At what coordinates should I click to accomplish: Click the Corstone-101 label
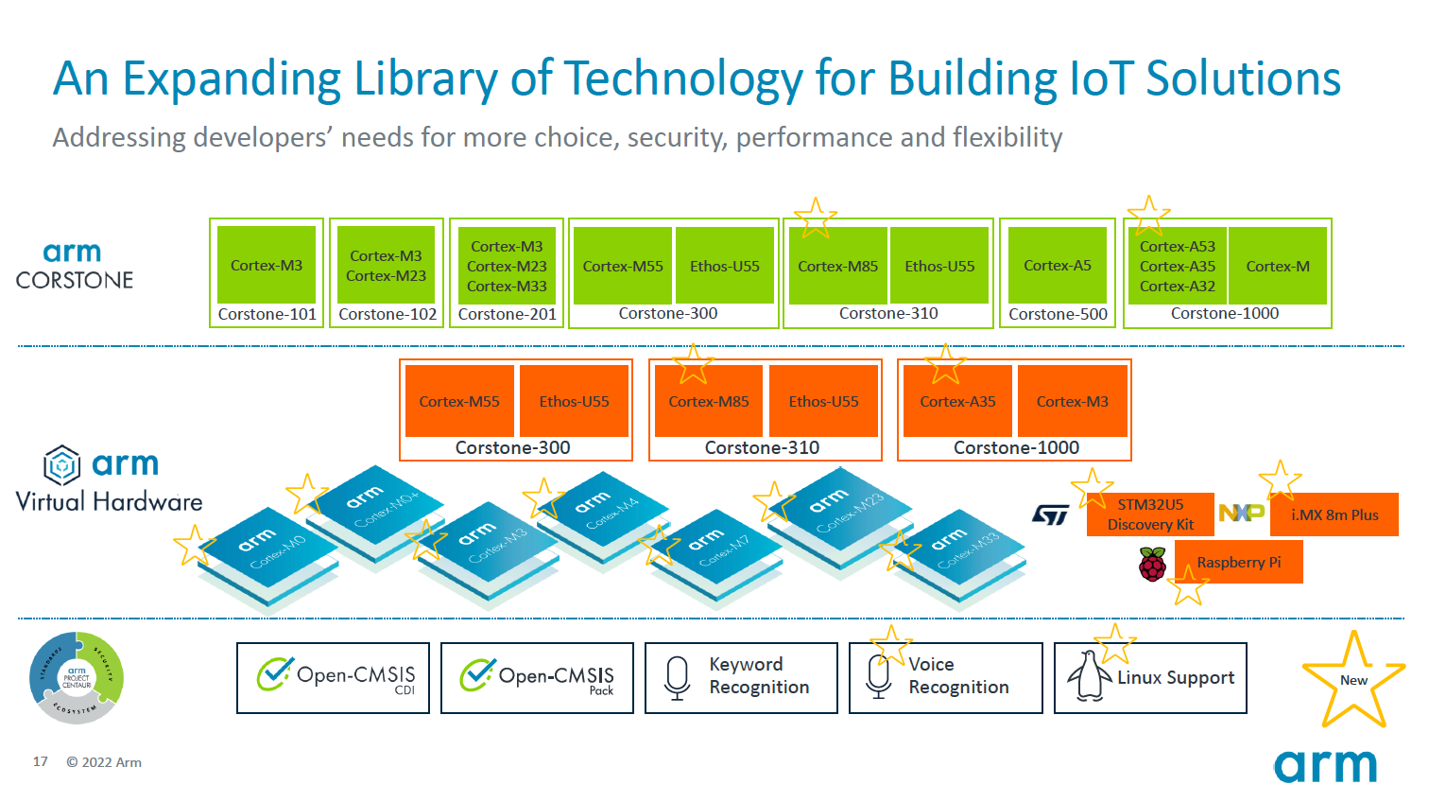click(x=267, y=314)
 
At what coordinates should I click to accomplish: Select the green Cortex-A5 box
click(x=1057, y=266)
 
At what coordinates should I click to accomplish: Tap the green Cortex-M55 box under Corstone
click(x=623, y=266)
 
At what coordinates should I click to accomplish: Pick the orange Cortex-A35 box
click(x=957, y=401)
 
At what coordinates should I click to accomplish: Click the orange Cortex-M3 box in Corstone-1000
click(x=1072, y=401)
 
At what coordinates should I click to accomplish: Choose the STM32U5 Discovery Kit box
click(x=1150, y=514)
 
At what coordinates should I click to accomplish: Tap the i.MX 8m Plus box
click(x=1334, y=514)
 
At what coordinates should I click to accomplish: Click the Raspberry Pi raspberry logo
click(x=1152, y=565)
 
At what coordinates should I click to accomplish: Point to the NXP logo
click(x=1241, y=513)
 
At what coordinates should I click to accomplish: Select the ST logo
click(x=1050, y=514)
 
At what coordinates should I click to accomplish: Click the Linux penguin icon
click(x=1089, y=677)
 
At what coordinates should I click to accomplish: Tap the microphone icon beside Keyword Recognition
click(x=677, y=677)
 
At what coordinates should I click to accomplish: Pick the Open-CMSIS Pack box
click(x=537, y=677)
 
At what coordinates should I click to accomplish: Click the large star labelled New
click(x=1353, y=680)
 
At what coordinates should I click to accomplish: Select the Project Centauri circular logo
click(x=77, y=678)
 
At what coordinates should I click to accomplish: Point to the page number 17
click(x=41, y=761)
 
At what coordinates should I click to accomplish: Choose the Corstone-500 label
click(x=1058, y=314)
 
